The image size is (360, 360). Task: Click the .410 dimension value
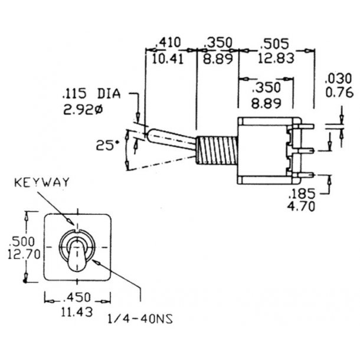(168, 42)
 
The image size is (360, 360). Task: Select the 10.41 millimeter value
(168, 59)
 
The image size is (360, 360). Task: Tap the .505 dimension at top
(275, 44)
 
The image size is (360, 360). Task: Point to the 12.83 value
(276, 58)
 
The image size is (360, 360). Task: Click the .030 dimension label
(338, 78)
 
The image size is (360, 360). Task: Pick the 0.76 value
(339, 93)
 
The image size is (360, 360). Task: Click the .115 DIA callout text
(91, 94)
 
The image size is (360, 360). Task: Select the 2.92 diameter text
(83, 111)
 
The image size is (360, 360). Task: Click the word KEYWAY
(42, 182)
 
